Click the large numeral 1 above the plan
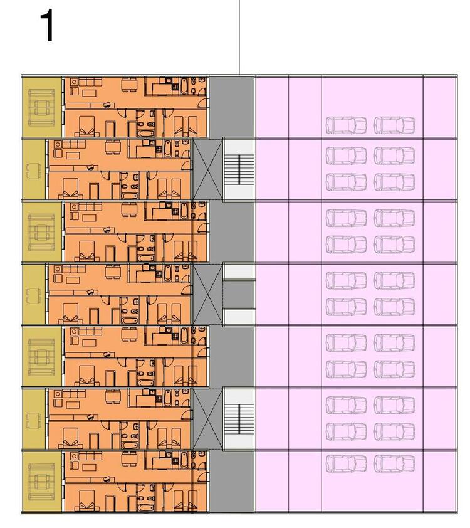48,26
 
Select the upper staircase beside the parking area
239,169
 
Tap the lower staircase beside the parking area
239,420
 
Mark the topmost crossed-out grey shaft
207,169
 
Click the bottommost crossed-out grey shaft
207,420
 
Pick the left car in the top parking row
346,125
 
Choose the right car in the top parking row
395,125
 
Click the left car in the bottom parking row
346,463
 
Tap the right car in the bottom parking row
395,463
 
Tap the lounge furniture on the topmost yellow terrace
41,107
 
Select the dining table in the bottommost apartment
129,459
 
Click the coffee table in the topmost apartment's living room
89,93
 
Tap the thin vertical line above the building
239,37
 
